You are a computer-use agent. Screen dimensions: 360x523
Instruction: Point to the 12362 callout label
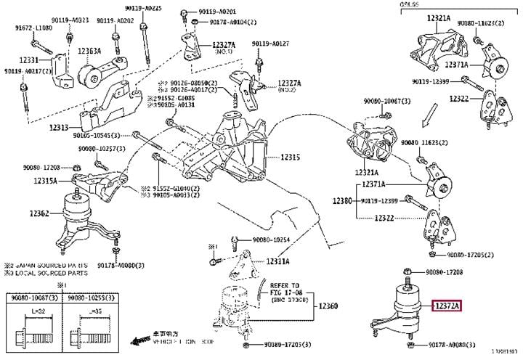tap(39, 213)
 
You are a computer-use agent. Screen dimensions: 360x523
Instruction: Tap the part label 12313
tap(59, 128)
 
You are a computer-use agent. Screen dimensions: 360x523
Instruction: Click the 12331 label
tap(28, 60)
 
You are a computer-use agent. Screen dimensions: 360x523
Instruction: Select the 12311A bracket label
tap(277, 261)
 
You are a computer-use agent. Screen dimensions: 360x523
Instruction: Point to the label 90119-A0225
tap(142, 8)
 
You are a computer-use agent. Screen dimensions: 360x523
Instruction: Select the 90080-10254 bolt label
tap(272, 240)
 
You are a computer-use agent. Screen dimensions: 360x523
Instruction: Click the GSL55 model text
tap(409, 5)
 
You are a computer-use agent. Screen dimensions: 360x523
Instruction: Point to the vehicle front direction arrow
tap(141, 338)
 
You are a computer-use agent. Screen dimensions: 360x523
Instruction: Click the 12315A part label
tap(44, 181)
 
